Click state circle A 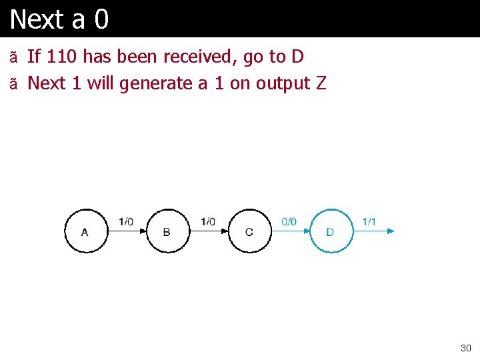coord(85,231)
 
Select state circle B coord(167,231)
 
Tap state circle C coord(249,231)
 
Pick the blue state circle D coord(331,231)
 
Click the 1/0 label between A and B coord(126,221)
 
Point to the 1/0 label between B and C coord(208,221)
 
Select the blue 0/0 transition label coord(289,221)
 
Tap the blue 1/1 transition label coord(369,221)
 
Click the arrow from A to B coord(127,231)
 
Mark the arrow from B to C coord(209,231)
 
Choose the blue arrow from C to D coord(291,231)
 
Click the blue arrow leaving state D coord(373,231)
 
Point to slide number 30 coord(465,348)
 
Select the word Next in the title coord(36,19)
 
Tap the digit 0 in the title coord(101,19)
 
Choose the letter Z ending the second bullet coord(321,83)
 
